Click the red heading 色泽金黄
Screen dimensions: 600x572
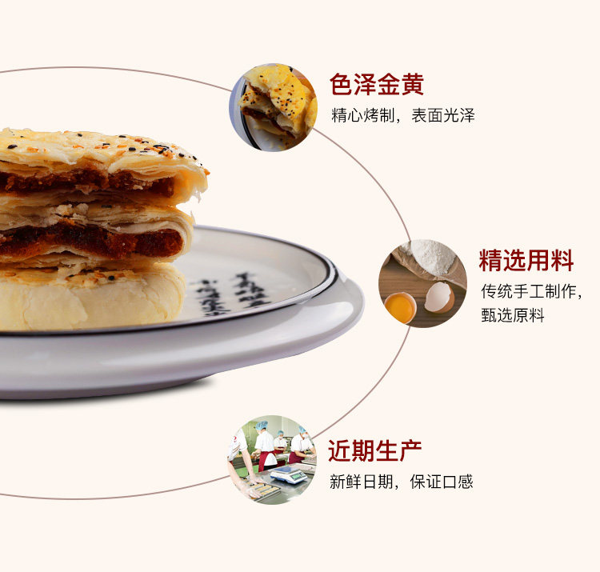point(376,85)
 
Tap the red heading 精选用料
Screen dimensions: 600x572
point(526,260)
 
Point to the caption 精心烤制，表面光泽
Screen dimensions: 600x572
point(402,115)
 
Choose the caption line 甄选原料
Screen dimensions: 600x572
point(512,315)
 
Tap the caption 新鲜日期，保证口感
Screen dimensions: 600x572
point(401,482)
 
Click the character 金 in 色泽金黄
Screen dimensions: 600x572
point(388,85)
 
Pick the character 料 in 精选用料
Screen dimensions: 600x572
point(562,260)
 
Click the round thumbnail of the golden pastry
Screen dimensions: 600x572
point(274,106)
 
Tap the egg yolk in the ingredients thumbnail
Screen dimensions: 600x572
point(399,306)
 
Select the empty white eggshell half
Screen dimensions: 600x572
point(438,297)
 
